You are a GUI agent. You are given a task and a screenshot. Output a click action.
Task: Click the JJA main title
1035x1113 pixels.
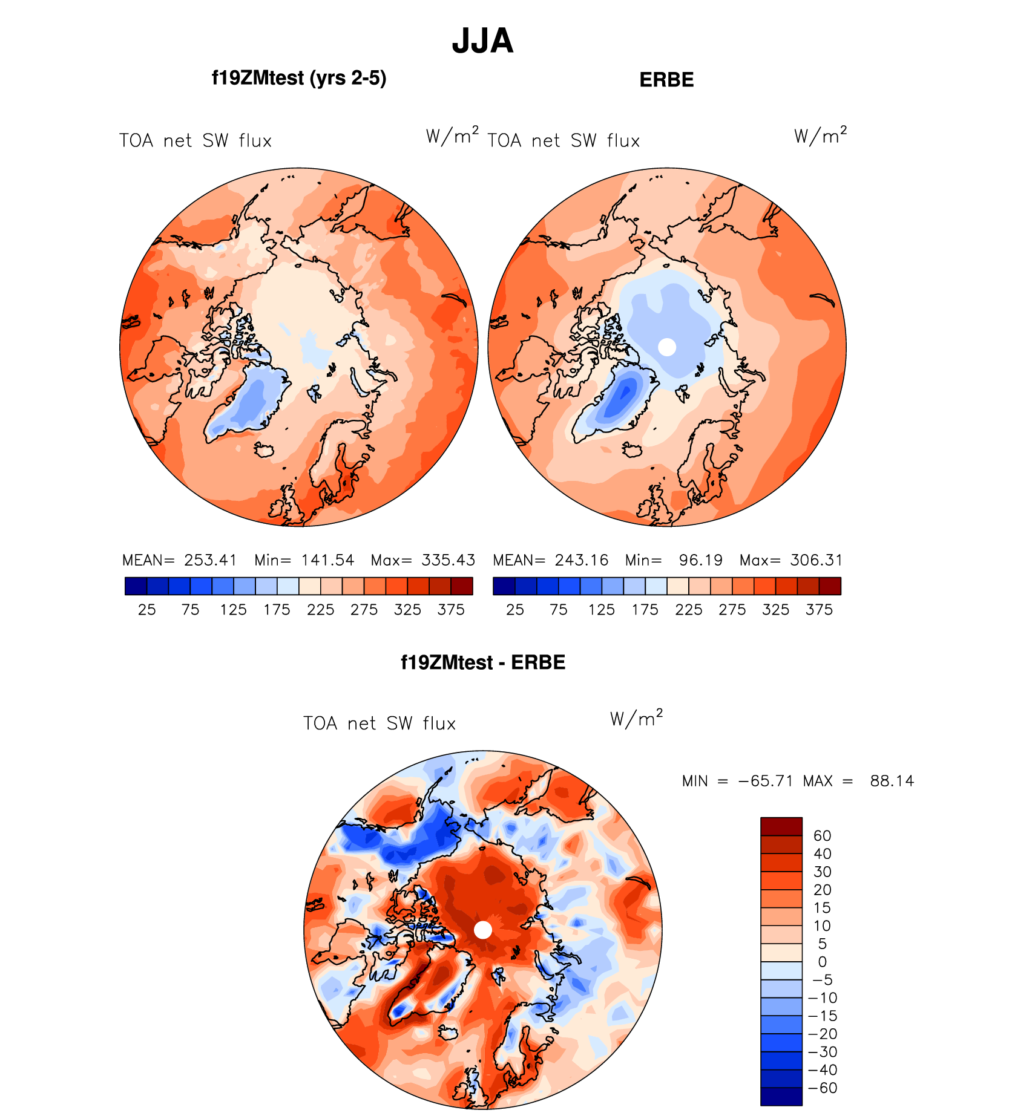tap(482, 41)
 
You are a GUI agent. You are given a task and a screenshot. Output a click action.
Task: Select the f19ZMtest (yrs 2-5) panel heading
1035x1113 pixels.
tap(299, 78)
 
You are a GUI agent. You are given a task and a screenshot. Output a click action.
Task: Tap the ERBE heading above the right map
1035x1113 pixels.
tap(666, 80)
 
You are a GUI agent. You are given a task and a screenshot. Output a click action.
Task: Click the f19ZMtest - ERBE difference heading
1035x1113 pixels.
tap(482, 662)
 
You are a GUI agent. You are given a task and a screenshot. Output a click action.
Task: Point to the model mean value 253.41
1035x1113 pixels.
tap(210, 560)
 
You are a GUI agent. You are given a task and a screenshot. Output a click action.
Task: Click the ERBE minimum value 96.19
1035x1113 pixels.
tap(700, 560)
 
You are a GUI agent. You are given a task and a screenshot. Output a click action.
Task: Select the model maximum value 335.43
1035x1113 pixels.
tap(448, 560)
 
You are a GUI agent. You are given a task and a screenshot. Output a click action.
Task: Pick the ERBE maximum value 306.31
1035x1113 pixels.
tap(816, 560)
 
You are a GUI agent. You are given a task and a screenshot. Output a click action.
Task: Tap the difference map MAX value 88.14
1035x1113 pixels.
tap(892, 781)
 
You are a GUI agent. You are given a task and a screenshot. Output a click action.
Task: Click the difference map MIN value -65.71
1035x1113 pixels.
tap(765, 781)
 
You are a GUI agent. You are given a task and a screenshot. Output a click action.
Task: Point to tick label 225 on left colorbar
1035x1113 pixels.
tap(320, 610)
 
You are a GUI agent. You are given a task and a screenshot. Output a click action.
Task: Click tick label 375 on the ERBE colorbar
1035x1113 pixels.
tap(819, 610)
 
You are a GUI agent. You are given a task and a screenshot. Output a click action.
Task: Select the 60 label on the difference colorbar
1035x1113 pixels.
tap(822, 836)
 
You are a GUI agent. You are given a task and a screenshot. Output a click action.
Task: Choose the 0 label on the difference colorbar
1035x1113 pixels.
tap(822, 962)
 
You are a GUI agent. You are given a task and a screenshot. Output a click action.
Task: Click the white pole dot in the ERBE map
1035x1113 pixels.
tap(667, 347)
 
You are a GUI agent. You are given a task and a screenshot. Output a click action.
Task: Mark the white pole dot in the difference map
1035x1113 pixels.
tap(483, 930)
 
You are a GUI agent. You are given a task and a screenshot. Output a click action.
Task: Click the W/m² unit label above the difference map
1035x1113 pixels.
tap(636, 719)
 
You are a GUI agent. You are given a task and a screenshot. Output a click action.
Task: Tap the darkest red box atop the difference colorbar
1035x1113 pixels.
tap(781, 826)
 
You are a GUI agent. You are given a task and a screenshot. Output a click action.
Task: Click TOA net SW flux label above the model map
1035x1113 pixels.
tap(195, 141)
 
